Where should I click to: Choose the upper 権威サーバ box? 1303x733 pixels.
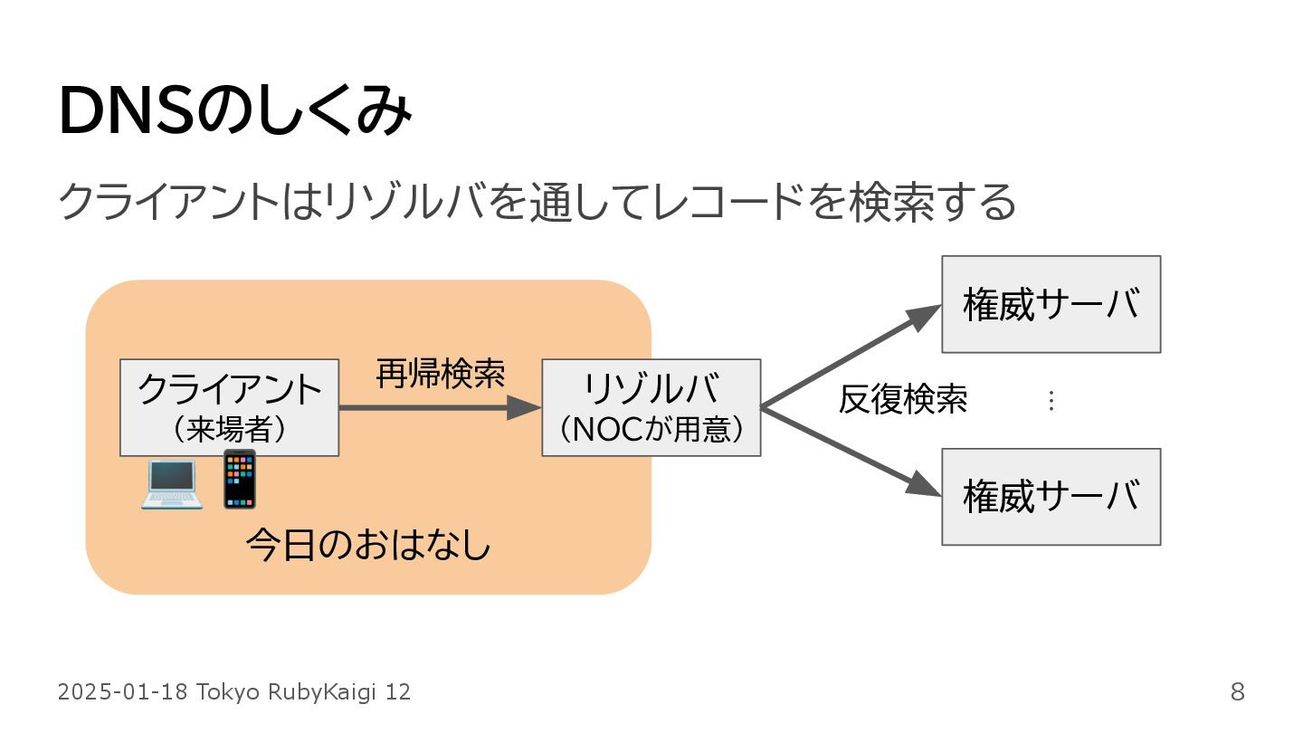pyautogui.click(x=1051, y=304)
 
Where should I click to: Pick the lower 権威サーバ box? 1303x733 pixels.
pyautogui.click(x=1051, y=497)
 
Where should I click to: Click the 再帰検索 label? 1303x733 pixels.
pyautogui.click(x=440, y=373)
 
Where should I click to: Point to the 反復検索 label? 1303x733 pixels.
pyautogui.click(x=902, y=399)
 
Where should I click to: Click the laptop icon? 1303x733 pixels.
pyautogui.click(x=171, y=484)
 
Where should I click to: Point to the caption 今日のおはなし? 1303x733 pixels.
pyautogui.click(x=367, y=547)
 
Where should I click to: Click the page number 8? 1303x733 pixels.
pyautogui.click(x=1237, y=693)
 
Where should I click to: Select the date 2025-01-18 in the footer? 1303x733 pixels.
pyautogui.click(x=123, y=693)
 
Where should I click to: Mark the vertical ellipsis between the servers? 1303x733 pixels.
pyautogui.click(x=1051, y=401)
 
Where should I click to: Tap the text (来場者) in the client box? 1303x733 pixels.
pyautogui.click(x=229, y=428)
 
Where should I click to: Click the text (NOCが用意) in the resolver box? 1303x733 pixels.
pyautogui.click(x=651, y=429)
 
